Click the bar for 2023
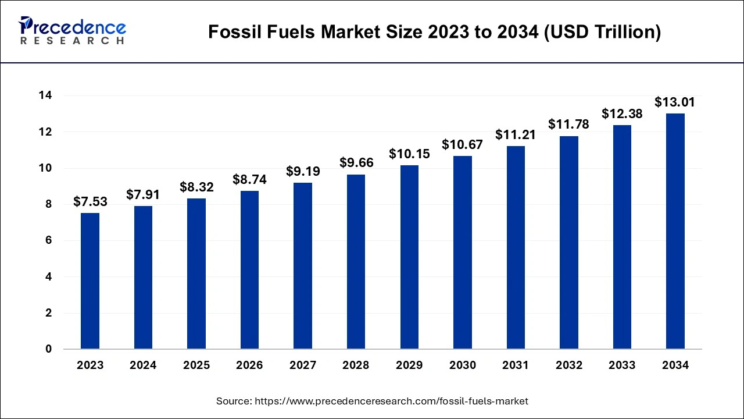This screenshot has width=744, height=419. click(90, 281)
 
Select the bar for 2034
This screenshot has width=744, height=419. click(675, 231)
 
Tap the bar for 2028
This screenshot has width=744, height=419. click(356, 262)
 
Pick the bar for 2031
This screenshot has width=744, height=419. click(516, 247)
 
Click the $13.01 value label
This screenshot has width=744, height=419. click(675, 102)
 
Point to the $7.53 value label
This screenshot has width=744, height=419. click(90, 201)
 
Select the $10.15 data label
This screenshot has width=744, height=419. click(409, 154)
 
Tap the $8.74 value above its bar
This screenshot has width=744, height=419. click(249, 180)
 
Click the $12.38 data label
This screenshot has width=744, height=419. click(622, 114)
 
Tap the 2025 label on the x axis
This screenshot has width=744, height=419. click(196, 365)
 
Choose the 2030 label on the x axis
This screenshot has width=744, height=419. click(462, 365)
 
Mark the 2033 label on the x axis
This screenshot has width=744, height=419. click(622, 365)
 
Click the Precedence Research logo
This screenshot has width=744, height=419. click(72, 31)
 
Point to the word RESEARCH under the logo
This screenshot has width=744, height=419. click(72, 41)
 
